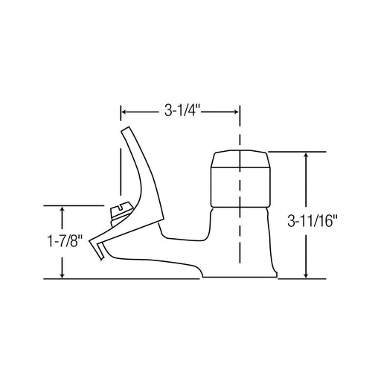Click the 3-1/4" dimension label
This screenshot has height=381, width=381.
click(182, 111)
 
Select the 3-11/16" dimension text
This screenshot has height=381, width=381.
click(313, 221)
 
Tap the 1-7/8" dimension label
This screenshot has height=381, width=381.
click(65, 241)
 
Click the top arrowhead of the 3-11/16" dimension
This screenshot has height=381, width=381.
click(306, 157)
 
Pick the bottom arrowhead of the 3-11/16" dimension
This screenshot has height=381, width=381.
click(306, 273)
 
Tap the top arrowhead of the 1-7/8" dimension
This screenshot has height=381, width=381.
click(63, 211)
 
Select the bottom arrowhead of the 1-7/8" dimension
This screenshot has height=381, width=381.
click(63, 273)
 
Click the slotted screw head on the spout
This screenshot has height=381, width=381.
click(121, 213)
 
